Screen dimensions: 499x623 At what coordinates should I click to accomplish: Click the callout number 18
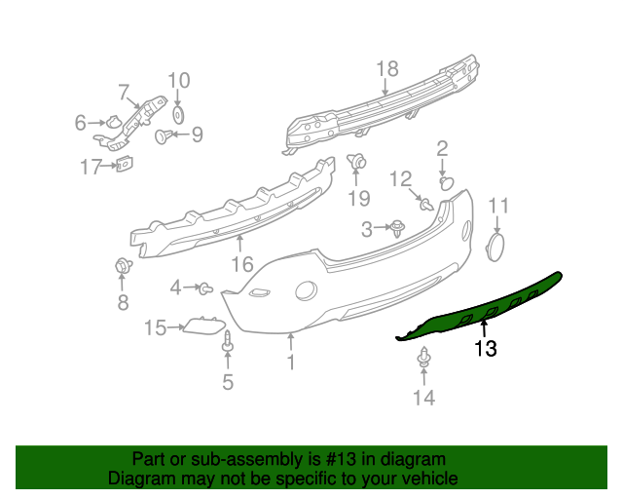pyautogui.click(x=387, y=68)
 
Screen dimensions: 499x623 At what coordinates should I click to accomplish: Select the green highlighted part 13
pyautogui.click(x=487, y=309)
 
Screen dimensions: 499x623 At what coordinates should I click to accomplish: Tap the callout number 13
pyautogui.click(x=485, y=349)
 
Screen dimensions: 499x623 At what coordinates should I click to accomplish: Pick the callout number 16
pyautogui.click(x=241, y=263)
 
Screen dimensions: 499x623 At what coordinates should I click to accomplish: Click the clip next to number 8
pyautogui.click(x=123, y=266)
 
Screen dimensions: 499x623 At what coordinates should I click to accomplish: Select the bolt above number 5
pyautogui.click(x=228, y=342)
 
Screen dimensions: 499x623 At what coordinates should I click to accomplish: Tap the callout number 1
pyautogui.click(x=290, y=364)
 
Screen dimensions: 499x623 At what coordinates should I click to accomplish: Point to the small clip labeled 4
pyautogui.click(x=205, y=288)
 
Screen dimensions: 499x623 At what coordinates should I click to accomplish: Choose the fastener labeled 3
pyautogui.click(x=398, y=229)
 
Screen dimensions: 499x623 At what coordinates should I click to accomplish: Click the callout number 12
pyautogui.click(x=400, y=178)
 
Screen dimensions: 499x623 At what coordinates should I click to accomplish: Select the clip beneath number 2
pyautogui.click(x=447, y=181)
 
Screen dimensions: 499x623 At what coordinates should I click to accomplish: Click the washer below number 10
pyautogui.click(x=178, y=115)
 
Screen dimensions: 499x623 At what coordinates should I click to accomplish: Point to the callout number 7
pyautogui.click(x=125, y=93)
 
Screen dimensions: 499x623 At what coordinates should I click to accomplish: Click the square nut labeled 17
pyautogui.click(x=125, y=166)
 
